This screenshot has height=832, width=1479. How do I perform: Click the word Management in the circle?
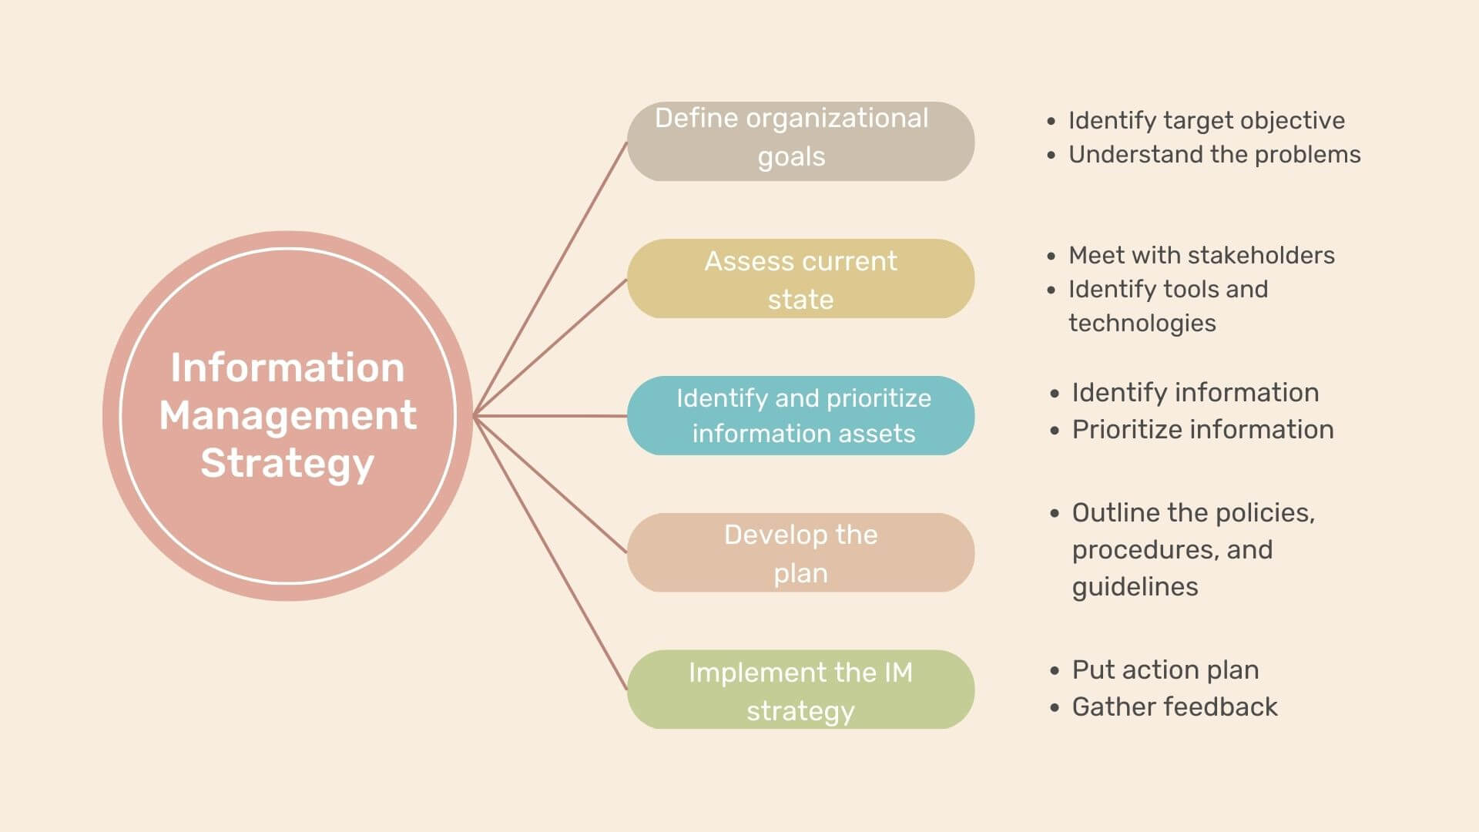tap(287, 416)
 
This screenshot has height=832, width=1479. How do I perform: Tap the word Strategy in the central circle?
tap(287, 464)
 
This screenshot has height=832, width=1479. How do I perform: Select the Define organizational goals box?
tap(800, 141)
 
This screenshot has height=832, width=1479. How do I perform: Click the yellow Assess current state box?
tap(800, 278)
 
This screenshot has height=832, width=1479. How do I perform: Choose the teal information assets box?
tap(800, 415)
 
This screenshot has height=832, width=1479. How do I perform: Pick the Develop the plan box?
tap(800, 552)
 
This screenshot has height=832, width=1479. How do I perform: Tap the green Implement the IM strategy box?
tap(800, 689)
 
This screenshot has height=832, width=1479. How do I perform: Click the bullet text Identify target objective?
tap(1206, 121)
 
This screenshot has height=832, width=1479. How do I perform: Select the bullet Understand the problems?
tap(1214, 155)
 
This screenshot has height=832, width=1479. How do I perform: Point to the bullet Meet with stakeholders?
tap(1202, 255)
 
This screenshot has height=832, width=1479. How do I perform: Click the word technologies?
tap(1142, 324)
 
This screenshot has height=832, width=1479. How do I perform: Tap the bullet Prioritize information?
tap(1202, 430)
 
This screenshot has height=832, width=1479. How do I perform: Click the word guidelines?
tap(1135, 587)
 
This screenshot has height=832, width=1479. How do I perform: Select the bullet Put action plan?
tap(1165, 670)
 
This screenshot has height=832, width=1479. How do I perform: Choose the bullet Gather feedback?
tap(1175, 707)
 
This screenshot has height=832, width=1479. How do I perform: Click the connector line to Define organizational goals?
tap(551, 278)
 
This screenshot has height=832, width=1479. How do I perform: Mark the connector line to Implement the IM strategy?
tap(551, 553)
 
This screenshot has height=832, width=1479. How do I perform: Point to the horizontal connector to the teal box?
tap(551, 416)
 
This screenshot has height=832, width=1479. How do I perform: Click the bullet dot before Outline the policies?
tap(1055, 514)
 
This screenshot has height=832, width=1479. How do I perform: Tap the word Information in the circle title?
tap(287, 367)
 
